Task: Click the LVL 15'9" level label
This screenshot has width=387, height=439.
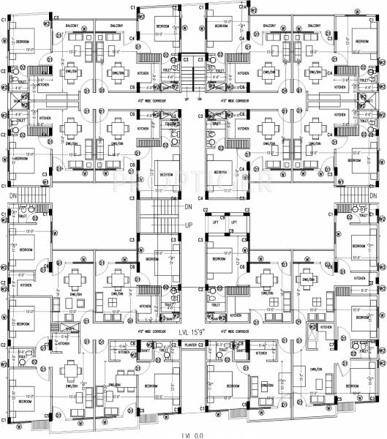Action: click(193, 331)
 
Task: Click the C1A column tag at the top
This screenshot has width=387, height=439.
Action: click(242, 7)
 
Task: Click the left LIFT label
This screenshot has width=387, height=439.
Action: click(215, 221)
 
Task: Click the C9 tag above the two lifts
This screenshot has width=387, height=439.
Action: click(230, 230)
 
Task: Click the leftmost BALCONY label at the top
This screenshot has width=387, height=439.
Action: click(72, 26)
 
